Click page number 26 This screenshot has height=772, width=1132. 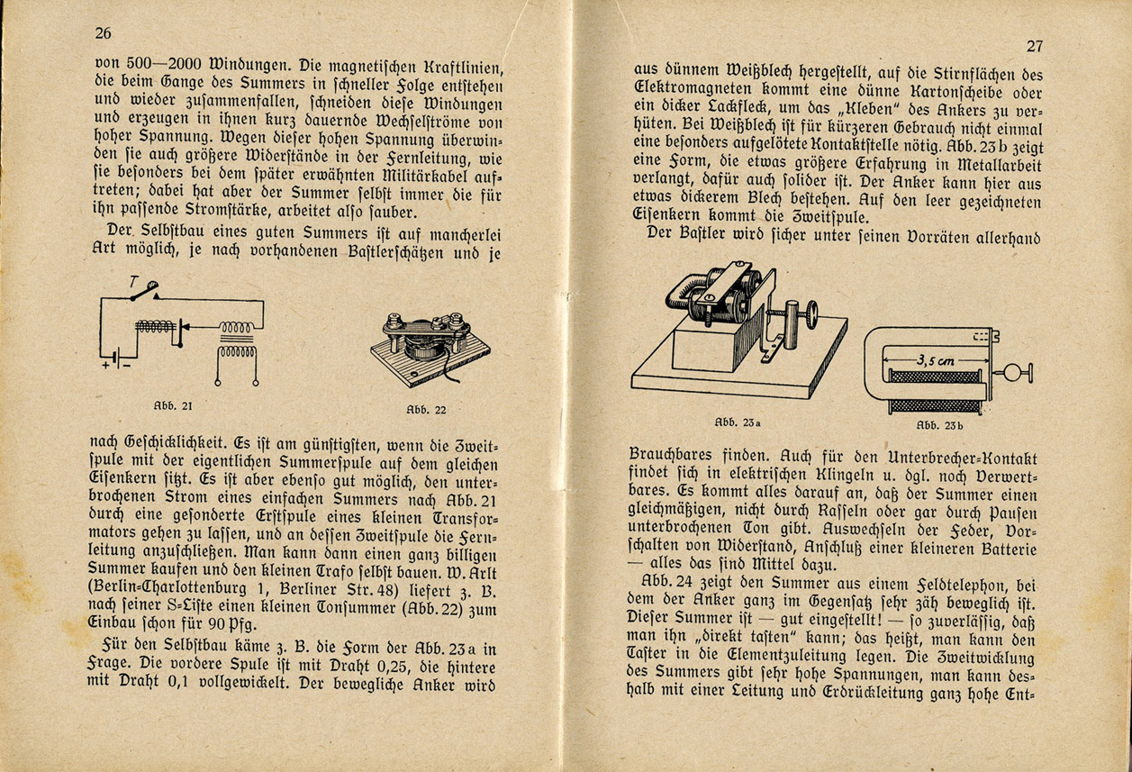point(102,33)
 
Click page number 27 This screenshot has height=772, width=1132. point(1032,46)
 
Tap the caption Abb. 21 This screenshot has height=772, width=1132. point(172,405)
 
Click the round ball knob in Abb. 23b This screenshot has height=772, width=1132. point(1024,371)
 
